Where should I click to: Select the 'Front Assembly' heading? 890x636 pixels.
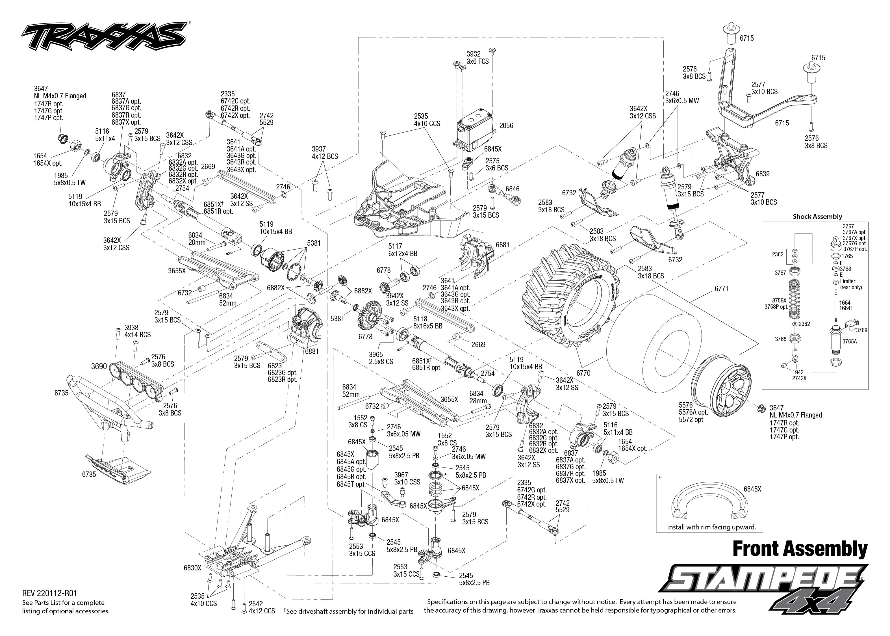click(800, 549)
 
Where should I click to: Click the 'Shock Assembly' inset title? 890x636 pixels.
click(817, 216)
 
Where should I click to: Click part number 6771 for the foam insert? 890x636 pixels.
click(721, 289)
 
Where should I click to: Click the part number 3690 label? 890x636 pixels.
click(99, 366)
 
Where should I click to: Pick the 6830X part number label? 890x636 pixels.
click(192, 568)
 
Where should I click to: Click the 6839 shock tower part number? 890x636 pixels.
click(762, 174)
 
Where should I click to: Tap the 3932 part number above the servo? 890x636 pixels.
click(473, 54)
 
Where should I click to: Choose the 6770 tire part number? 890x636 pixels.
click(583, 373)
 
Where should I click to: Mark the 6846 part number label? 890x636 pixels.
click(512, 189)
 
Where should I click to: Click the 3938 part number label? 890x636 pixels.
click(131, 327)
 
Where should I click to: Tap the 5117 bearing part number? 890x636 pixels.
click(395, 246)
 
